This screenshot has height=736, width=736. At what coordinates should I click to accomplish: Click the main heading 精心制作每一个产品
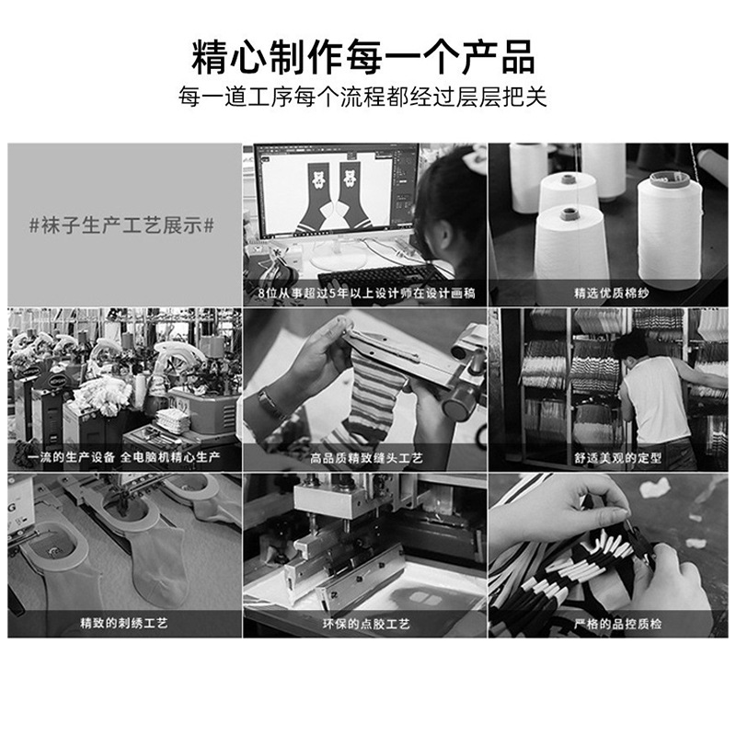pyautogui.click(x=362, y=57)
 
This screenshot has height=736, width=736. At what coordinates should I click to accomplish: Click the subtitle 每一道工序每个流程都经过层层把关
pyautogui.click(x=362, y=97)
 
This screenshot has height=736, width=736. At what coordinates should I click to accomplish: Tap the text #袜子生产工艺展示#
pyautogui.click(x=121, y=225)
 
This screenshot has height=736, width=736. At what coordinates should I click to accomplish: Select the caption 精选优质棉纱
pyautogui.click(x=612, y=293)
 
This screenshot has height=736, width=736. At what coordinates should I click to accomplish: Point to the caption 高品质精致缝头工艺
pyautogui.click(x=366, y=457)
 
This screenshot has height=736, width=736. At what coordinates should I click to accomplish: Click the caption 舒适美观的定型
pyautogui.click(x=617, y=457)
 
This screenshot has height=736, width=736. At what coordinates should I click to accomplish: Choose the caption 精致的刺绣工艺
pyautogui.click(x=124, y=624)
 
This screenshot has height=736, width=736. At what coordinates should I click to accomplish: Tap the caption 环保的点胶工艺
pyautogui.click(x=366, y=624)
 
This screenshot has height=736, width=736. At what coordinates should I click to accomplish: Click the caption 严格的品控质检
pyautogui.click(x=617, y=624)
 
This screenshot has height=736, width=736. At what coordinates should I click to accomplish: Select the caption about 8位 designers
pyautogui.click(x=366, y=293)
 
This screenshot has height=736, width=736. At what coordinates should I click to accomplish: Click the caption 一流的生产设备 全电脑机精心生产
pyautogui.click(x=123, y=456)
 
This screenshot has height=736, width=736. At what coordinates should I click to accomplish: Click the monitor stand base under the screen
pyautogui.click(x=337, y=255)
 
